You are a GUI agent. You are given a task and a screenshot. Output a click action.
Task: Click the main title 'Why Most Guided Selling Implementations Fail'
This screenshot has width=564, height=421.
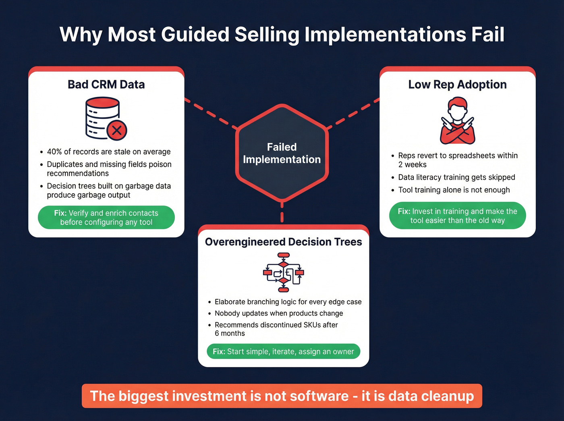(282, 35)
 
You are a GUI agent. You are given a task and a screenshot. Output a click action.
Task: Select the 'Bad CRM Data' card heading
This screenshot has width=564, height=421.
(106, 85)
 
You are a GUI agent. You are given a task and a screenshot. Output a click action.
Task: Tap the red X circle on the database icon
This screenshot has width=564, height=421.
(117, 130)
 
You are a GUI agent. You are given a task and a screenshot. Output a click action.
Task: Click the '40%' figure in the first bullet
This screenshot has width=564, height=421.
(54, 152)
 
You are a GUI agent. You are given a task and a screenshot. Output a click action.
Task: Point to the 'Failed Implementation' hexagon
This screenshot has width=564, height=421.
(282, 153)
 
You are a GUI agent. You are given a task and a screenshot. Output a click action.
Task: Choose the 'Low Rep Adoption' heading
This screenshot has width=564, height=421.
(457, 85)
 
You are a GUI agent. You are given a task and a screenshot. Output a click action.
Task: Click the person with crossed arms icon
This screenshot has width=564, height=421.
(458, 120)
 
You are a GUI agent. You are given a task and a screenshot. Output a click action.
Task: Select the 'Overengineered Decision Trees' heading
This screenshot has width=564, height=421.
(284, 242)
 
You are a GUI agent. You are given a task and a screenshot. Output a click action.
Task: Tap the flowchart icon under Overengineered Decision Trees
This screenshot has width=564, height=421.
(284, 272)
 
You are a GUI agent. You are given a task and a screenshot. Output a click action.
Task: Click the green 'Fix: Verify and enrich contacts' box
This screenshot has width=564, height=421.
(106, 218)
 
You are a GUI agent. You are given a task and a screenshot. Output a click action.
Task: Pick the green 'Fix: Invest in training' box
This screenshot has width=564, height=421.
(458, 216)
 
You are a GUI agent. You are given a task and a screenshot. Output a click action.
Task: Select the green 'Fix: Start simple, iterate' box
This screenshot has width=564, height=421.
(284, 351)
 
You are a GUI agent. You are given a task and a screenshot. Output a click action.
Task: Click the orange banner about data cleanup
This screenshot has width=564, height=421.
(282, 396)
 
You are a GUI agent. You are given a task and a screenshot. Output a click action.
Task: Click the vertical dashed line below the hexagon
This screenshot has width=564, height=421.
(282, 212)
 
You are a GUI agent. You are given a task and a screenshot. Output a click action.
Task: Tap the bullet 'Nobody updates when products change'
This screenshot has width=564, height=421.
(279, 313)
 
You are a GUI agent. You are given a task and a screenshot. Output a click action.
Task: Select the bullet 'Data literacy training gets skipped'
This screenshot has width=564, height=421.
(456, 177)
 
